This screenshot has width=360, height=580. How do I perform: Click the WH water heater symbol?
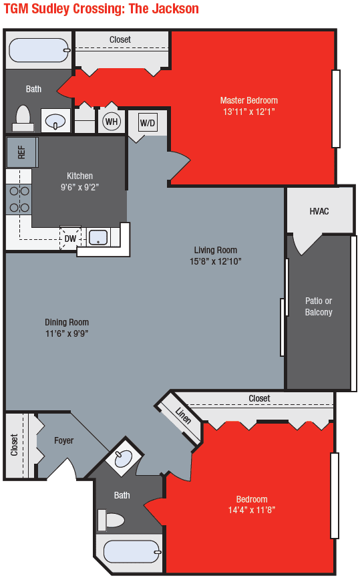coord(112,122)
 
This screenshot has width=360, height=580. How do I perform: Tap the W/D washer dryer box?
coord(148,123)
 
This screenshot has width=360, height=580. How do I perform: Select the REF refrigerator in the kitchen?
coord(21,152)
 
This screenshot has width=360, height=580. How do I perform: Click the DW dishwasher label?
coord(70,238)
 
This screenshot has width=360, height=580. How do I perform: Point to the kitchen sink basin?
coord(98,237)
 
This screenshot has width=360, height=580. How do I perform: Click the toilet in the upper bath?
coord(24,118)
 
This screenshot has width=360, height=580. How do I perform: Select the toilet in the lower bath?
coord(112,519)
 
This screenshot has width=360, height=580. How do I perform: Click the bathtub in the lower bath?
coord(131,552)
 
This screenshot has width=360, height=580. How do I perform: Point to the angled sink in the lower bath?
coord(124,458)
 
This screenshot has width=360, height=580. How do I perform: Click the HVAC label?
coord(319,211)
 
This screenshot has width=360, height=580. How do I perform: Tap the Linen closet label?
coord(183,416)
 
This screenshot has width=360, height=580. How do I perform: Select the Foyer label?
coord(64,440)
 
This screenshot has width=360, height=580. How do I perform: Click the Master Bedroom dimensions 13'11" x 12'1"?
coord(249,112)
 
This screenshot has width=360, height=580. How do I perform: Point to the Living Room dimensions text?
coord(216,261)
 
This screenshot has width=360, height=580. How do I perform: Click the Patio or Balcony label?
coord(319,306)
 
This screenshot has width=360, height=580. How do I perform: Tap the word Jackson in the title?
coord(174,9)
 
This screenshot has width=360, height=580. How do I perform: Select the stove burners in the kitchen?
coord(18,199)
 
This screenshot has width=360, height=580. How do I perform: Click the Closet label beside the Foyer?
coord(15,446)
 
